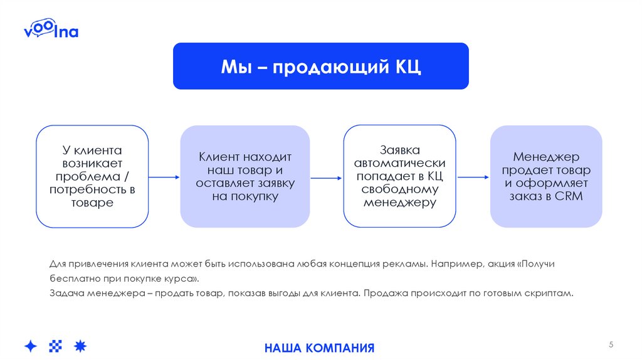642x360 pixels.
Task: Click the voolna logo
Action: (51, 30)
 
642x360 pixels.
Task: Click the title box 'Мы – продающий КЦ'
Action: (320, 66)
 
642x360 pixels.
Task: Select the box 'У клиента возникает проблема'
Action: (92, 176)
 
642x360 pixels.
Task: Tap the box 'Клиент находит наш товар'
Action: (245, 176)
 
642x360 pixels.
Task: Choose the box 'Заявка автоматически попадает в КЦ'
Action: (399, 176)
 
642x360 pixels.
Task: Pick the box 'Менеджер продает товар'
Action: (545, 176)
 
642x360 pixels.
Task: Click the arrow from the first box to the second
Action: (164, 177)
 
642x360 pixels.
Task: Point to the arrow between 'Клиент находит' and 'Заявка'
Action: (326, 177)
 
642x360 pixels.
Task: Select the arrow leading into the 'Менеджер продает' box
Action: (473, 177)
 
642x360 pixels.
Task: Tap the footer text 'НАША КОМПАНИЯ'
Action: (319, 348)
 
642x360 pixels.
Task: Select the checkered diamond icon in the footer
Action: (56, 346)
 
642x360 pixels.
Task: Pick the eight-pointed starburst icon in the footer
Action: (80, 346)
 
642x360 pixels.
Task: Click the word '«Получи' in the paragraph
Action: (536, 264)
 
